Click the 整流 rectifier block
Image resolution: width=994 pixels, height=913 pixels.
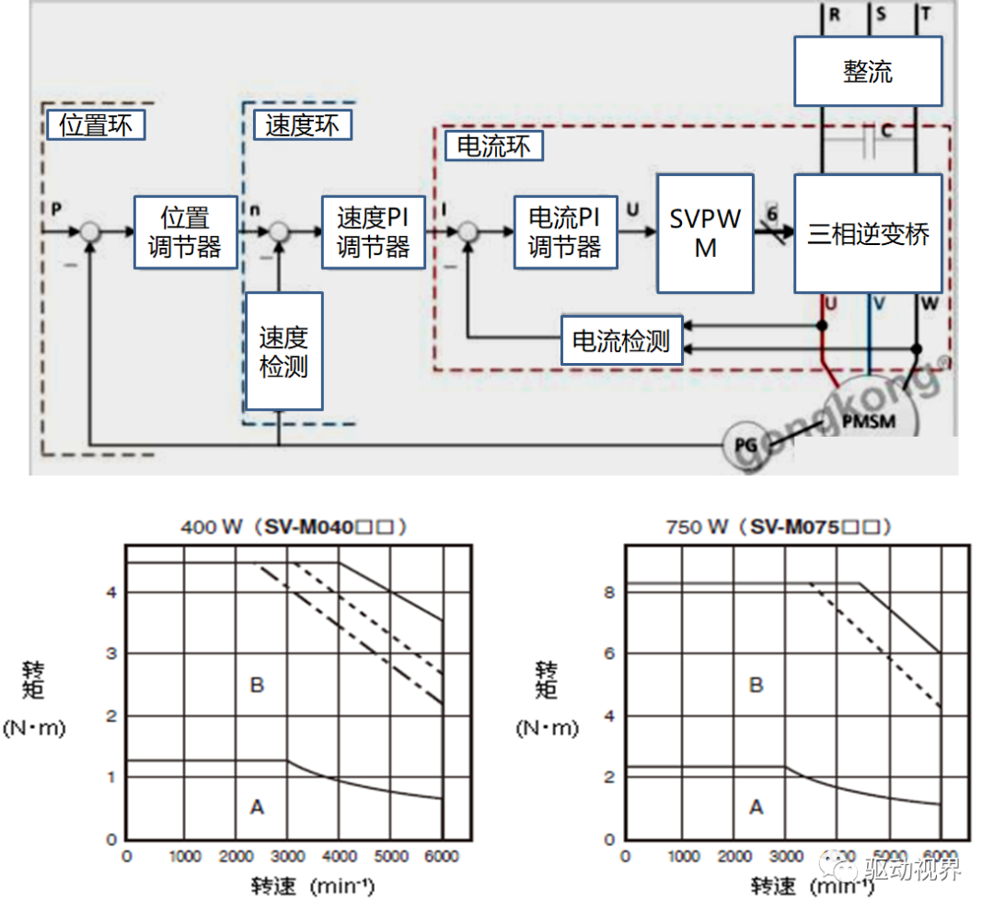[868, 71]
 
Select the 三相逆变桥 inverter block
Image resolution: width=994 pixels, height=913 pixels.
[868, 234]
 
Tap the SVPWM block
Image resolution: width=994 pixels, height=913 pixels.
[705, 233]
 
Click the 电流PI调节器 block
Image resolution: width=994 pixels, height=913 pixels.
[564, 232]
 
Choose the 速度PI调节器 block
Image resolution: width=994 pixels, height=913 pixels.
[373, 232]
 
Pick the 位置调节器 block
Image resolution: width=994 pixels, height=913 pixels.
[185, 232]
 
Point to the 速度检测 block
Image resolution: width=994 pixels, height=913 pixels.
[283, 351]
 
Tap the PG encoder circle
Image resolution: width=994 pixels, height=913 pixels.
[745, 444]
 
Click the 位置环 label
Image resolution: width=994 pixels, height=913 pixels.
[96, 125]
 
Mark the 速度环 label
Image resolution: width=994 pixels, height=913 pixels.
[302, 125]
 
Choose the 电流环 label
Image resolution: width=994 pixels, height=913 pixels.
[493, 146]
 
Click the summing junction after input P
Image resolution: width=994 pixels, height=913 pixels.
[89, 232]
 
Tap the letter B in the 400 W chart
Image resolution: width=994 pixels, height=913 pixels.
[257, 685]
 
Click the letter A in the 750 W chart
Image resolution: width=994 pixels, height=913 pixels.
[757, 807]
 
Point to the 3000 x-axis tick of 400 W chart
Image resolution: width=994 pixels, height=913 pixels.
[287, 856]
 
